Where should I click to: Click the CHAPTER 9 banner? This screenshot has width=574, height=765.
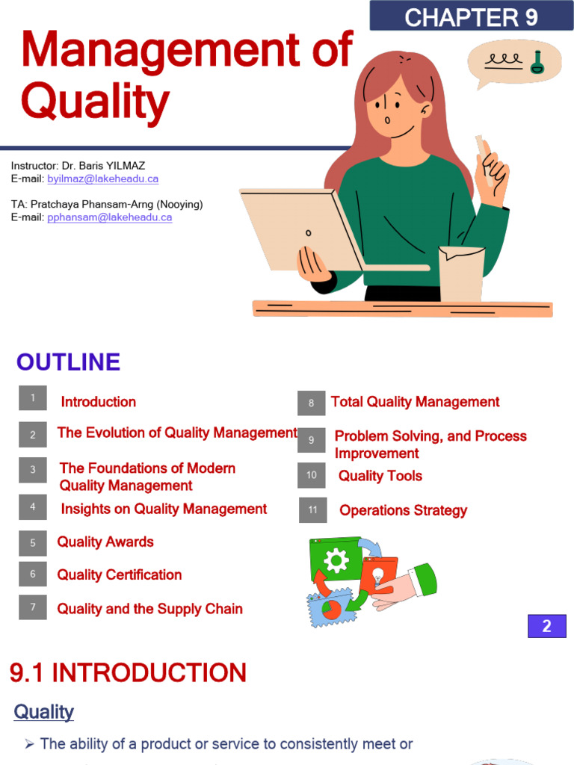[471, 16]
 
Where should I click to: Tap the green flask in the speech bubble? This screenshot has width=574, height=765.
[537, 64]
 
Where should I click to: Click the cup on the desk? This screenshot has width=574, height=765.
[460, 273]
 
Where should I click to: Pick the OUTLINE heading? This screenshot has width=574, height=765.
[68, 362]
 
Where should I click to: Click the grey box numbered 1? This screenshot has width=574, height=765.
[33, 398]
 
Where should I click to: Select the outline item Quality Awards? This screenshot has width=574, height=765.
[105, 542]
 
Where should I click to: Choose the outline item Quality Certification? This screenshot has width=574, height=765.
[120, 575]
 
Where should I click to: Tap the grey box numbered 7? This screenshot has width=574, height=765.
[33, 607]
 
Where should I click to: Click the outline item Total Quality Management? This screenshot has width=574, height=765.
[415, 402]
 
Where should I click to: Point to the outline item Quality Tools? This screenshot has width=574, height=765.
[380, 477]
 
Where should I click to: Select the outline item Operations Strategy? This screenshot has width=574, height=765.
[403, 511]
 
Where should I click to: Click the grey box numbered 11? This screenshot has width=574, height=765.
[312, 510]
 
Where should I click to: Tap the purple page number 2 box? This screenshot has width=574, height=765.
[546, 626]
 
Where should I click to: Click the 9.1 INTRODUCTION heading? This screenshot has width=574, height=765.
[128, 673]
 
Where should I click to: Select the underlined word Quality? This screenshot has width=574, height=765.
[43, 712]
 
